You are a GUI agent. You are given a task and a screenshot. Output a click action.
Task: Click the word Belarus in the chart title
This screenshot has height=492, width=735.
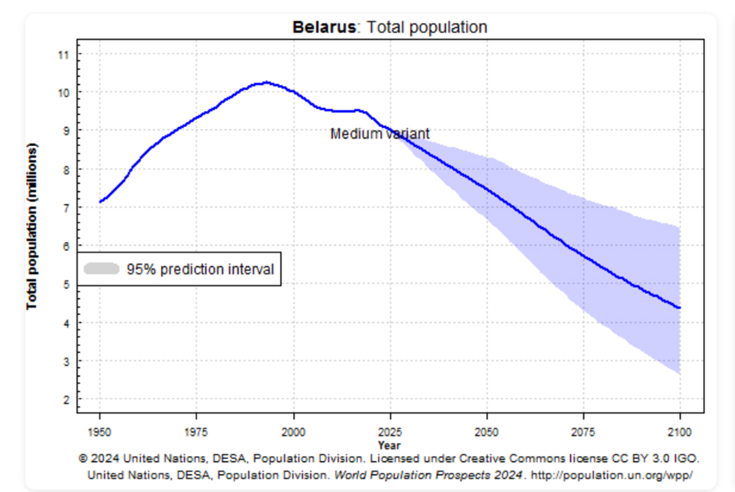[324, 27]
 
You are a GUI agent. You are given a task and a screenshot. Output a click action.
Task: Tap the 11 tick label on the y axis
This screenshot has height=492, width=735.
[63, 55]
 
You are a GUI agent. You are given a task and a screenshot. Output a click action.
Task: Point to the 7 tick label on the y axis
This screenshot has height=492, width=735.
[66, 208]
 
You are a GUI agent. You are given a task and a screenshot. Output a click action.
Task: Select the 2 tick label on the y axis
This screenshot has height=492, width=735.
[66, 400]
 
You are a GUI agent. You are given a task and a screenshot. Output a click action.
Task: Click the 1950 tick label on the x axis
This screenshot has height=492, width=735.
[99, 432]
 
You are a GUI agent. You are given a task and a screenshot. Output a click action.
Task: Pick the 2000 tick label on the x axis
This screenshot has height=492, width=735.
[293, 432]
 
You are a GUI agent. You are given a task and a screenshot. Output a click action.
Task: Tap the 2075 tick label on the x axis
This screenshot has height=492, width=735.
[583, 432]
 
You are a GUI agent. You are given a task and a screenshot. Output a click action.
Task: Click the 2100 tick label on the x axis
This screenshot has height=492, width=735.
[680, 432]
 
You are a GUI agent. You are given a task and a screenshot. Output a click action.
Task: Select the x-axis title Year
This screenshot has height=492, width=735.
[389, 445]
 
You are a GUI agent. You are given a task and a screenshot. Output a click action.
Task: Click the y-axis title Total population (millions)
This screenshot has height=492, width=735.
[32, 226]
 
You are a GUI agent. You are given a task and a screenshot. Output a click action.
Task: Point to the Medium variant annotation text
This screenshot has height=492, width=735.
[380, 134]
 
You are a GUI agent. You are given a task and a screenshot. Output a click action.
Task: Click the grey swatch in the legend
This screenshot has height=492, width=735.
[101, 269]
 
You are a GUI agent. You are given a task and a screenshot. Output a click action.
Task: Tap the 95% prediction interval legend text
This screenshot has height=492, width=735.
[200, 269]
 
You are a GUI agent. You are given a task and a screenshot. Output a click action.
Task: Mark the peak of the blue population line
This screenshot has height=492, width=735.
[267, 82]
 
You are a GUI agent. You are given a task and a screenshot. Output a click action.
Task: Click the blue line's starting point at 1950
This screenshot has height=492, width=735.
[100, 202]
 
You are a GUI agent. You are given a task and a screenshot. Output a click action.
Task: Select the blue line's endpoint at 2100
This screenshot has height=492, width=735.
[679, 308]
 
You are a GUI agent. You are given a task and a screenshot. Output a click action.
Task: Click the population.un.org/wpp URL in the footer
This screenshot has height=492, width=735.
[612, 475]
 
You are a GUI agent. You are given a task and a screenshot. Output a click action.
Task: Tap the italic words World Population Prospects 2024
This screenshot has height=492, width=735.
[428, 475]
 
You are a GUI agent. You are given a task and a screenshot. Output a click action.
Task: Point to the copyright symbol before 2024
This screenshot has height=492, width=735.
[83, 458]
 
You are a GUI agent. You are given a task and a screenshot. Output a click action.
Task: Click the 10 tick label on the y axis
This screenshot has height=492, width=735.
[63, 93]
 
